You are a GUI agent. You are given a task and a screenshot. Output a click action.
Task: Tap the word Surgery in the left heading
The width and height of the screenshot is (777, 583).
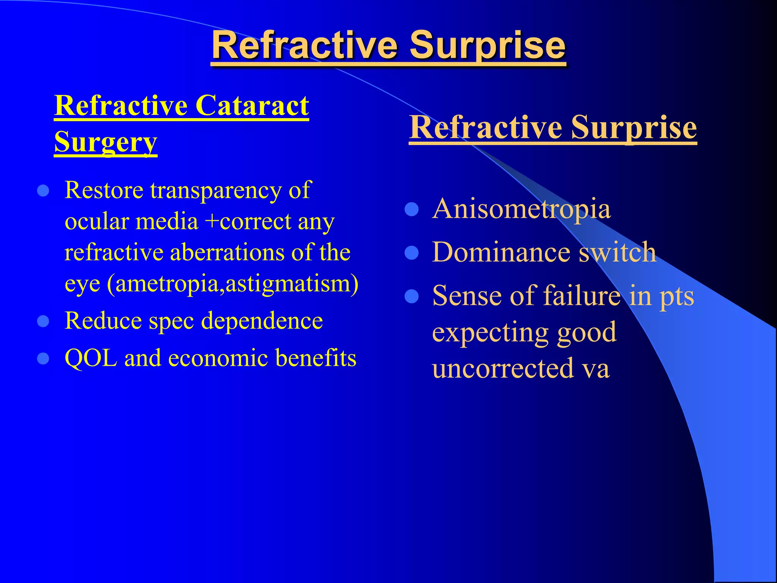click(105, 142)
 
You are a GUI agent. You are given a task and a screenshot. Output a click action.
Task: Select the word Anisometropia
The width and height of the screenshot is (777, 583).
click(521, 209)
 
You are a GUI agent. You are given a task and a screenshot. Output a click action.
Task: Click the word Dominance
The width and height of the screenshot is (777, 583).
click(501, 252)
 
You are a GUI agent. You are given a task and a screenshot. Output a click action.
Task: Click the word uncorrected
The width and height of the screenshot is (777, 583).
click(503, 368)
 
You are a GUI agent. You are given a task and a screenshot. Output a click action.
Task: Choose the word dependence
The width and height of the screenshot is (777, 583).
click(262, 321)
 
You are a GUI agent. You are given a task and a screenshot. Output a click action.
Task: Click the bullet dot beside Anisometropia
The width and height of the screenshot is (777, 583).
click(412, 210)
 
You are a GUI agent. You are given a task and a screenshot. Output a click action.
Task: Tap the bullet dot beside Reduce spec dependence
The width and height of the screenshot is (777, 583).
click(44, 321)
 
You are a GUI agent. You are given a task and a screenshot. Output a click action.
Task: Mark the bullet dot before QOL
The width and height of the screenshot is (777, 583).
click(44, 358)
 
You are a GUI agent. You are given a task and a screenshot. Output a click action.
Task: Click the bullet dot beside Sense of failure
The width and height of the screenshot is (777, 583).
click(412, 296)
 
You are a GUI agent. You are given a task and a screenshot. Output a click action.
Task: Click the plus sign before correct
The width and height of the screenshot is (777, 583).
click(211, 222)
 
